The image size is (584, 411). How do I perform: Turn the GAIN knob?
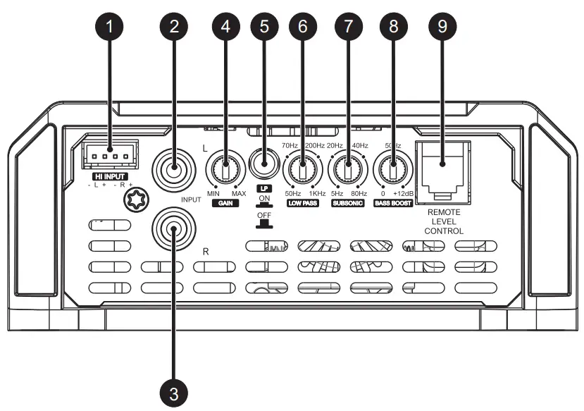pyautogui.click(x=225, y=170)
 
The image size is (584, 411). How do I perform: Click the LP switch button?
pyautogui.click(x=264, y=168)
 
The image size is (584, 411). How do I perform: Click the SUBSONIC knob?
pyautogui.click(x=347, y=170)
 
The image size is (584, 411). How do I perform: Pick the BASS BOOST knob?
pyautogui.click(x=392, y=170)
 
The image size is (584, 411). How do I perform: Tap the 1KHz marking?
pyautogui.click(x=317, y=193)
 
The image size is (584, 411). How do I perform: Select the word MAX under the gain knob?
pyautogui.click(x=238, y=193)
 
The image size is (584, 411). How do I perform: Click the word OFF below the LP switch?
pyautogui.click(x=265, y=215)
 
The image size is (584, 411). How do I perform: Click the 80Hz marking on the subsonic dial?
pyautogui.click(x=359, y=193)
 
